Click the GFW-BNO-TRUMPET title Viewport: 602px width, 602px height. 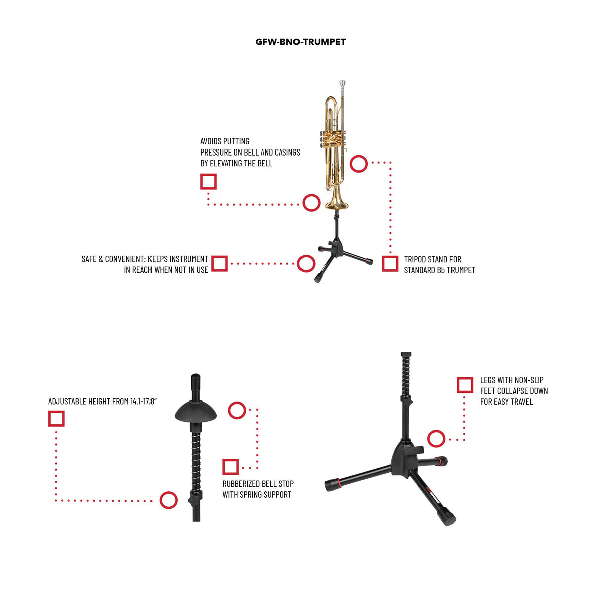pos(300,42)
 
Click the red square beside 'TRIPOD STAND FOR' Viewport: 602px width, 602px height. pos(390,264)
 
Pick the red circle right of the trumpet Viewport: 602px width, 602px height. pos(359,164)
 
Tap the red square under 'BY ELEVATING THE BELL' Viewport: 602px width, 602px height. pos(208,182)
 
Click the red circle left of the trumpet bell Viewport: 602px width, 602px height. pos(311,203)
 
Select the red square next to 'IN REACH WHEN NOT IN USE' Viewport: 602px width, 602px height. pos(219,264)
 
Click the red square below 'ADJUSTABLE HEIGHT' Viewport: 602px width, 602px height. pos(56,418)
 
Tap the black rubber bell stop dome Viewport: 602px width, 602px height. pos(196,411)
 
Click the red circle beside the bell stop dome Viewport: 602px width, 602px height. pos(237,410)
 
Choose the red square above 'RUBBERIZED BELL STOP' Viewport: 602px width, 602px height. pos(231,467)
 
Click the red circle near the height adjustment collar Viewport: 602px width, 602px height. pos(169,500)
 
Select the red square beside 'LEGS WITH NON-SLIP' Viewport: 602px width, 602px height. pos(465,385)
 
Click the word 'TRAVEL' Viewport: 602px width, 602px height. pos(521,402)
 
